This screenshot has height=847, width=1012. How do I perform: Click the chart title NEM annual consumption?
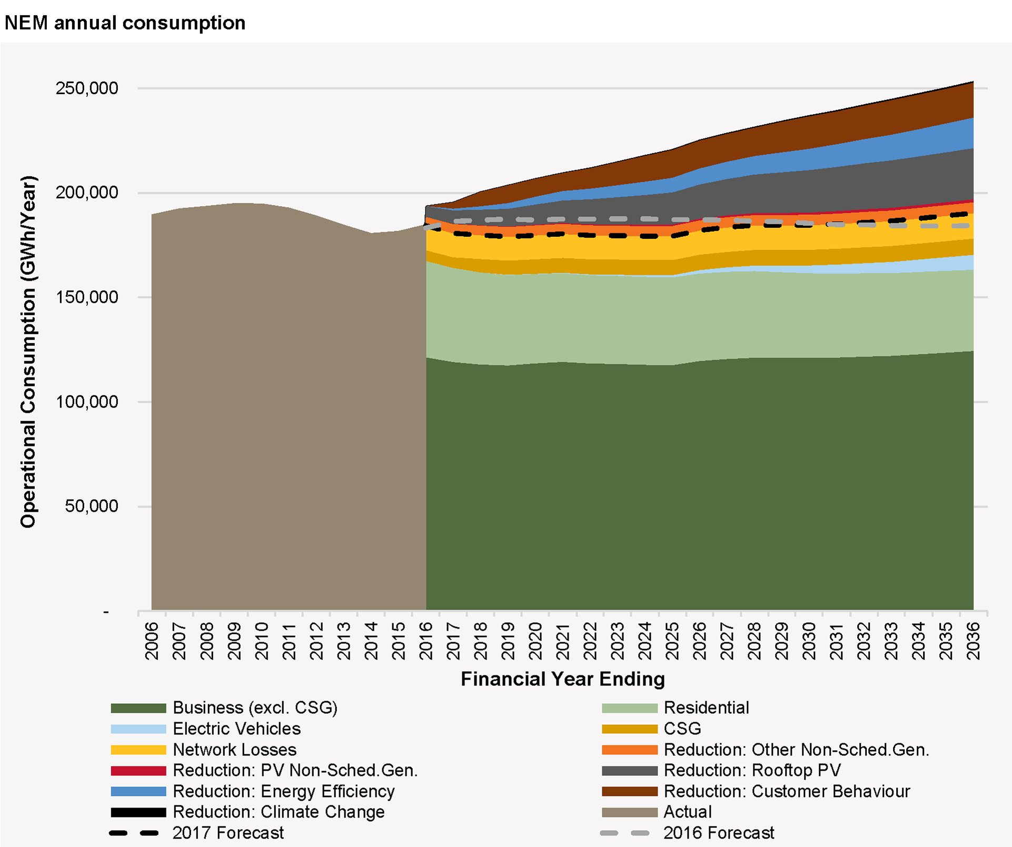(125, 23)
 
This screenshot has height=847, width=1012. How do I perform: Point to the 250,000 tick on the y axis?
(87, 88)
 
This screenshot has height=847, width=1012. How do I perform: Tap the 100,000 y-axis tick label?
(87, 402)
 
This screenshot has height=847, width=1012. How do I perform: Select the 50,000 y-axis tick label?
(91, 506)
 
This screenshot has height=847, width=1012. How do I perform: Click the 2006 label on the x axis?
(152, 641)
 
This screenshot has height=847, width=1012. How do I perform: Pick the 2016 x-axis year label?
(426, 641)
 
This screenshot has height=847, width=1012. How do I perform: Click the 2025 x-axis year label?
(672, 641)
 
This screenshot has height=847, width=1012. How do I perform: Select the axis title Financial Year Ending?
(562, 679)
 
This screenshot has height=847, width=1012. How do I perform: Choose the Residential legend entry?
(706, 708)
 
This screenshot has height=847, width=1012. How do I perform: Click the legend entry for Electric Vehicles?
(236, 729)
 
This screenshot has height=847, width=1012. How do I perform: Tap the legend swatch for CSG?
(630, 729)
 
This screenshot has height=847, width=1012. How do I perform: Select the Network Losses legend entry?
(234, 750)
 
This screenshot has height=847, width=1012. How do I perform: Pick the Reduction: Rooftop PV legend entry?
(752, 771)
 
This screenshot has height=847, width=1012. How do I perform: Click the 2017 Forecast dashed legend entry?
(227, 833)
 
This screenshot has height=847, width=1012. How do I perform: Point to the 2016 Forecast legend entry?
(718, 833)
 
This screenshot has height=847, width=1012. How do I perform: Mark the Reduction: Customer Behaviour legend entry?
(787, 792)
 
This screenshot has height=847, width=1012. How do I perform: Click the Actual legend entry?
(687, 812)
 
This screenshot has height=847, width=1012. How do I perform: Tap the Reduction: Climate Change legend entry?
(278, 812)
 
